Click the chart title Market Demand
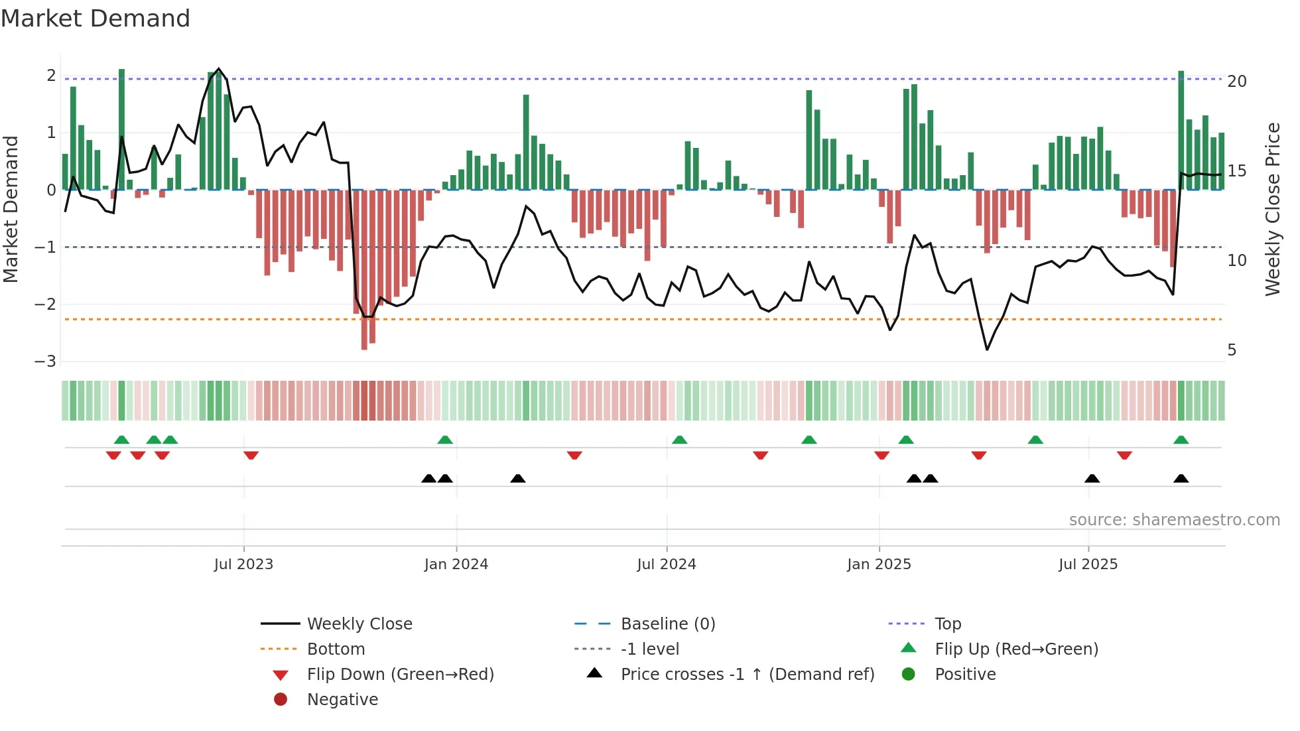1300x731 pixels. point(96,19)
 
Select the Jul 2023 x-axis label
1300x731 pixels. point(243,565)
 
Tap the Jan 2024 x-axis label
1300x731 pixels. point(456,565)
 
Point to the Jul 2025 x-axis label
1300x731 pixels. point(1088,565)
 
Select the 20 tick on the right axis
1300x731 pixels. point(1236,82)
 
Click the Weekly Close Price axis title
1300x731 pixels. point(1272,209)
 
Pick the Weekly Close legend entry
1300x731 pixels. point(359,624)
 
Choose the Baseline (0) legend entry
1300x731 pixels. point(667,624)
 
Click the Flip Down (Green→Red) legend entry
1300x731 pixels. point(400,675)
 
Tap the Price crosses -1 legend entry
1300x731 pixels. point(747,675)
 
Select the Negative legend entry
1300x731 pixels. point(342,700)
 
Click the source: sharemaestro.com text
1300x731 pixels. point(1174,520)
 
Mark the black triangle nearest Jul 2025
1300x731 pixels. point(1092,479)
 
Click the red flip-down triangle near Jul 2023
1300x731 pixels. point(251,455)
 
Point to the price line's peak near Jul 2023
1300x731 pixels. point(219,69)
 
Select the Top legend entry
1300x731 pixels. point(947,624)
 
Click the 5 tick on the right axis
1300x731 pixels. point(1232,350)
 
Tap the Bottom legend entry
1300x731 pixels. point(336,649)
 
